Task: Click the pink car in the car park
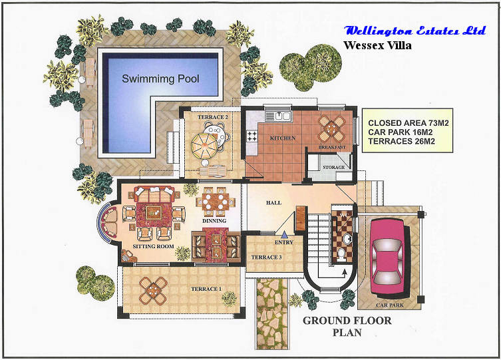coord(388,256)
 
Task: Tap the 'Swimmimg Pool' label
coord(160,79)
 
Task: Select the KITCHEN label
coord(283,138)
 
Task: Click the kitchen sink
coord(278,116)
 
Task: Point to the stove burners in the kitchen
coord(252,136)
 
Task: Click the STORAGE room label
coord(333,167)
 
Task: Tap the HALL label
coord(273,202)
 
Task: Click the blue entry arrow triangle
coord(284,235)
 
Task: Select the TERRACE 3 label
coord(267,257)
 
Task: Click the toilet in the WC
coord(341,254)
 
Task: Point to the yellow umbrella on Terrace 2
coord(204,146)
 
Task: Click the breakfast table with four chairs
coord(332,128)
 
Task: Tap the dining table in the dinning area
coord(216,201)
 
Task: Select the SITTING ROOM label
coord(154,246)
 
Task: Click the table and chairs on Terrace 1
coord(154,290)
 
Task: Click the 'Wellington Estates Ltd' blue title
coord(415,31)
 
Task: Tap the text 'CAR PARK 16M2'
coord(401,132)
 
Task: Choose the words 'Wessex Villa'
coord(377,45)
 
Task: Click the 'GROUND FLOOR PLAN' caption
coord(347,327)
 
